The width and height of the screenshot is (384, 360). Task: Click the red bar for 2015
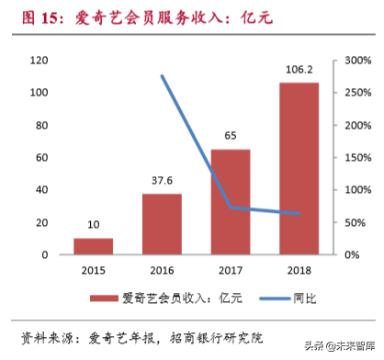pos(93,246)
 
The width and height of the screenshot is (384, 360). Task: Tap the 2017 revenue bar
pos(230,202)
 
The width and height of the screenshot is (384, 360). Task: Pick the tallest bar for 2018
pos(299,169)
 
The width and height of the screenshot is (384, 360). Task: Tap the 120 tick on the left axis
pos(38,61)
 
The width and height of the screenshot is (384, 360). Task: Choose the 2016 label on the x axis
pos(162,271)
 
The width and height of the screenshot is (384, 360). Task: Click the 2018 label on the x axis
pos(299,271)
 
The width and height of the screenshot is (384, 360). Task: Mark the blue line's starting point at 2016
pos(162,76)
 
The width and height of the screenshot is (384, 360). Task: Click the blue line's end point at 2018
pos(299,214)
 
